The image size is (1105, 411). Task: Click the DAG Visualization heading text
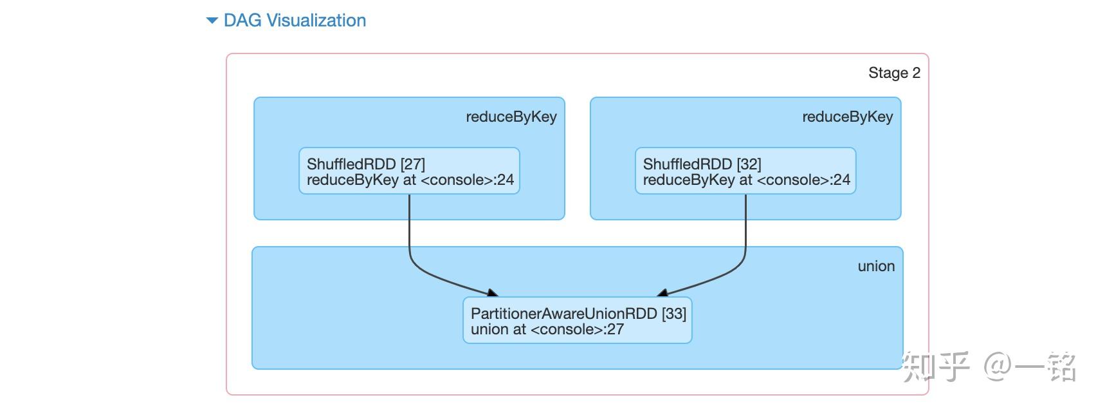click(x=295, y=21)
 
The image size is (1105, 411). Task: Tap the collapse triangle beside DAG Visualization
click(x=212, y=21)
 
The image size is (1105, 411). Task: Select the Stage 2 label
click(x=894, y=73)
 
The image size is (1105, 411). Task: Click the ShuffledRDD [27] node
click(x=409, y=171)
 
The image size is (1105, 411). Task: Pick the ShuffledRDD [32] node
click(x=745, y=171)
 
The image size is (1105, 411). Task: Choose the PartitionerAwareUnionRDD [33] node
click(x=578, y=320)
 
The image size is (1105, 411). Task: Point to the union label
click(x=876, y=266)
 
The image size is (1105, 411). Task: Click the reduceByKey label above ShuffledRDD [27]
click(x=511, y=117)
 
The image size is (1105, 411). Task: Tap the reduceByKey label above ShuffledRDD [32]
click(x=848, y=117)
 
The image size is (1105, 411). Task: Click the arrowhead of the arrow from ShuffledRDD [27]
click(x=493, y=293)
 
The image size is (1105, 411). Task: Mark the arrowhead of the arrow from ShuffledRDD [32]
click(x=662, y=293)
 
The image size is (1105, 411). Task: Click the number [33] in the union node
click(x=674, y=314)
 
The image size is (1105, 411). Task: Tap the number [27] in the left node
click(x=412, y=164)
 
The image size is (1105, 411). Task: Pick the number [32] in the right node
click(x=749, y=164)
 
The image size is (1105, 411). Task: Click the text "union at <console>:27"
click(x=547, y=329)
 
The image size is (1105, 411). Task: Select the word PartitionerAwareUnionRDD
click(x=564, y=314)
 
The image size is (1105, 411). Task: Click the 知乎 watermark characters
click(x=936, y=367)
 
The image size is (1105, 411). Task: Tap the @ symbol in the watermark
click(x=999, y=366)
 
